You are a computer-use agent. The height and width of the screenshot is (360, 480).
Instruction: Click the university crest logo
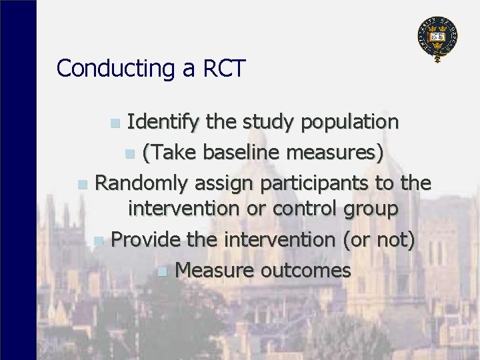(x=437, y=38)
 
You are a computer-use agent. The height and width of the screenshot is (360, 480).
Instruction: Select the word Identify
(x=163, y=122)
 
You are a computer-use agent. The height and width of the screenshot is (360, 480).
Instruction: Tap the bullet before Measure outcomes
(x=163, y=271)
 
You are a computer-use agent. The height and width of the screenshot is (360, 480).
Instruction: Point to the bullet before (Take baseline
(x=129, y=154)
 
